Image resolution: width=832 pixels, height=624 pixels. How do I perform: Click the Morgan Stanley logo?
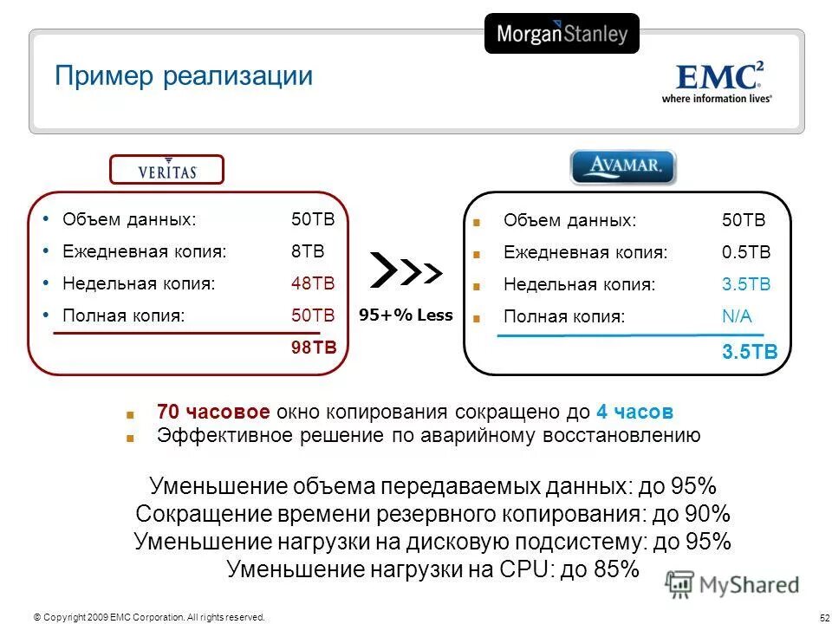click(562, 34)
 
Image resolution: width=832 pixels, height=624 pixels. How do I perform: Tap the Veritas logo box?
click(166, 170)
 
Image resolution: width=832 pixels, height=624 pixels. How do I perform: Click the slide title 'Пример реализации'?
click(183, 76)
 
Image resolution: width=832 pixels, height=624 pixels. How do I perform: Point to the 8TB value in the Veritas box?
click(307, 252)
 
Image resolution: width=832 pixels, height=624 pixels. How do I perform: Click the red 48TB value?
click(312, 284)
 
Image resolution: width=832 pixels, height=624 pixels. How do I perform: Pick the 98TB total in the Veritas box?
click(313, 348)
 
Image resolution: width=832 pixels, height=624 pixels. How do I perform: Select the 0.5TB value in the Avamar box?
click(745, 253)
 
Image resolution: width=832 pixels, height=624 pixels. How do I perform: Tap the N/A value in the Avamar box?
click(737, 316)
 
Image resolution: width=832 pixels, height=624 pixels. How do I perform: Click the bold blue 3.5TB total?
click(750, 352)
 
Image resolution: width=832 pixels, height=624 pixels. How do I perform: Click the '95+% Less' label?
click(406, 315)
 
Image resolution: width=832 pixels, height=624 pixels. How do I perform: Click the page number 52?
click(823, 617)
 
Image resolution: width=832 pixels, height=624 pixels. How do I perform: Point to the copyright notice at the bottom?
click(148, 617)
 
